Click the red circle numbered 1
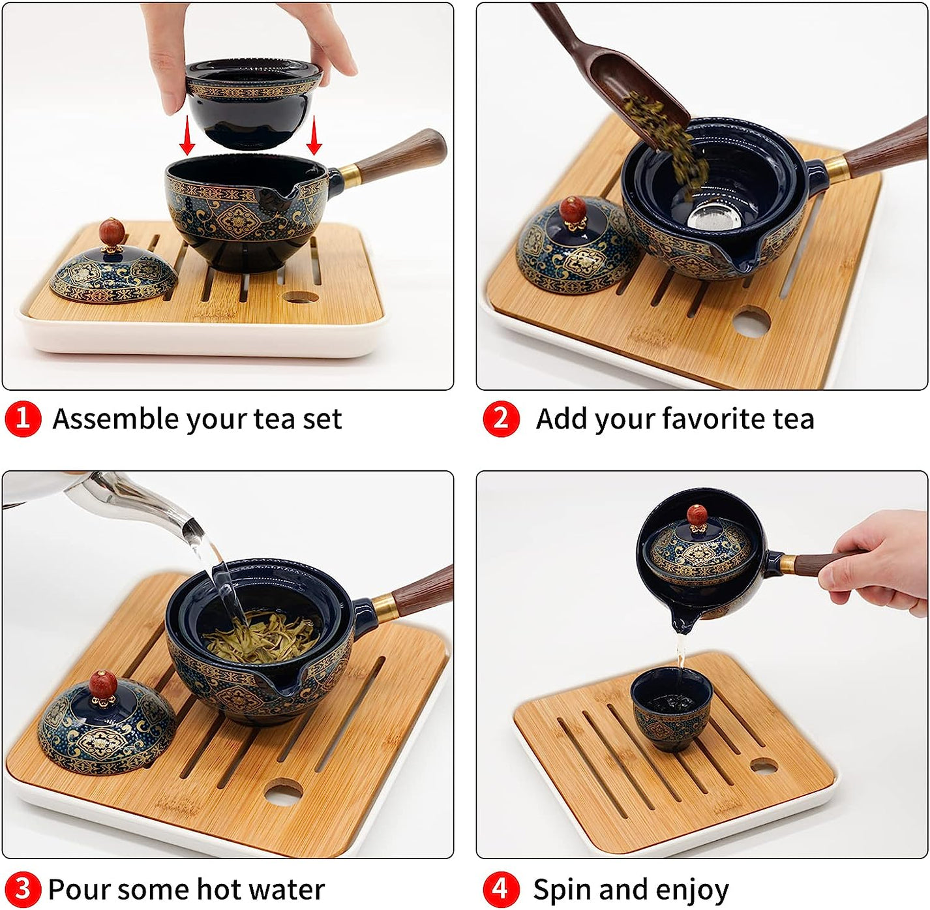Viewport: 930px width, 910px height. [x=23, y=419]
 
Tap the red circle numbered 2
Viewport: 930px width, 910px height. [x=501, y=419]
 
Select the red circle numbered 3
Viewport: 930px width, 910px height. [x=23, y=889]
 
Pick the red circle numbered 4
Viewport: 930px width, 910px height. [x=501, y=889]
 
